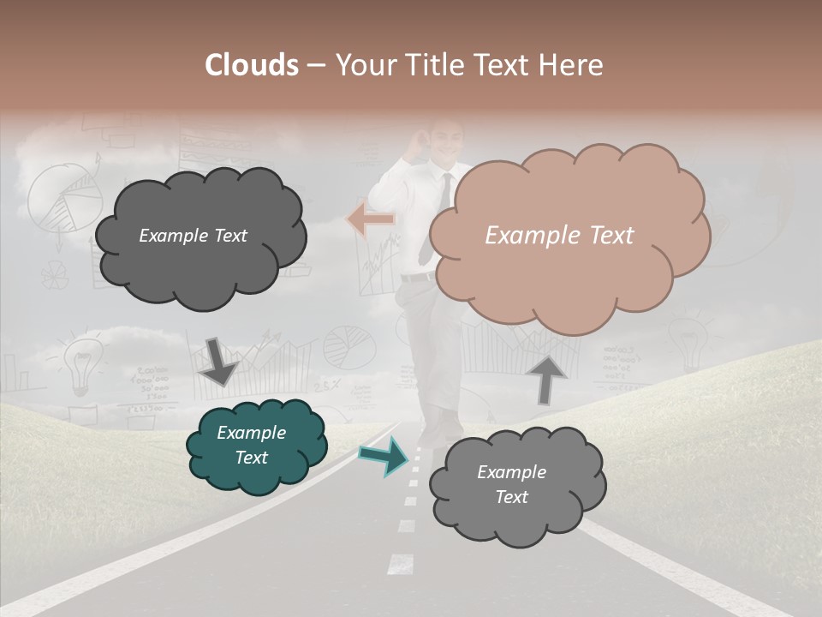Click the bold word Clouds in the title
coord(252,65)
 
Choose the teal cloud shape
coord(257,446)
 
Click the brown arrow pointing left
coord(371,219)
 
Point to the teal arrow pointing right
coord(384,456)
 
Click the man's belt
coord(418,278)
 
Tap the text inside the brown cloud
coord(559,236)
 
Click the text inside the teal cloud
coord(251,445)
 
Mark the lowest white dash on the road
coord(400,564)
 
